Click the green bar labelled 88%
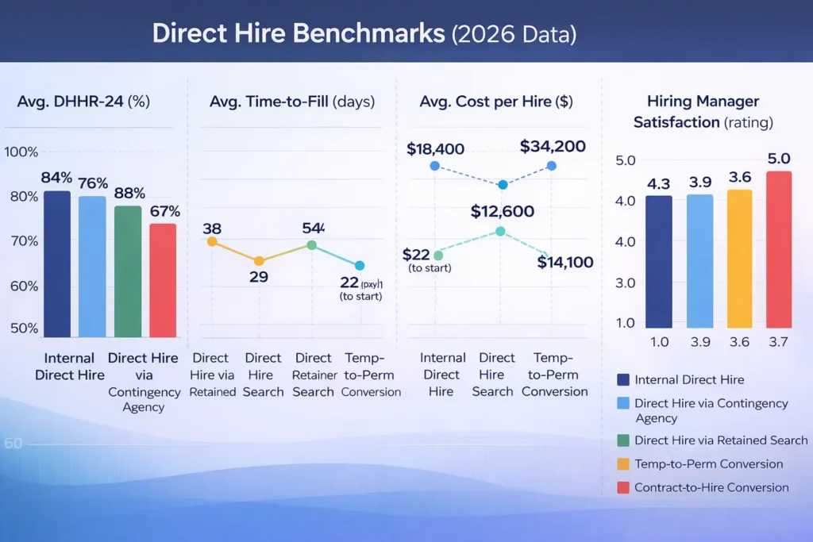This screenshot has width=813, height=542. (x=127, y=271)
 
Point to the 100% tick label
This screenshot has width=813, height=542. (x=21, y=152)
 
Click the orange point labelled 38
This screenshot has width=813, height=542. (x=212, y=241)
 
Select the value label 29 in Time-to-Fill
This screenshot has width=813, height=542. (x=259, y=278)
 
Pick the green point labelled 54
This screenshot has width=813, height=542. (x=312, y=245)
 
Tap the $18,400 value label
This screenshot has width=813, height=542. (x=435, y=148)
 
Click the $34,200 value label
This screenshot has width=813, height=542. (x=553, y=146)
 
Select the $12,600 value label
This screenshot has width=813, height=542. (x=502, y=212)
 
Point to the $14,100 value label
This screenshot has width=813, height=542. (x=564, y=262)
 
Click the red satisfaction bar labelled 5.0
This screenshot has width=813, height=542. (x=779, y=249)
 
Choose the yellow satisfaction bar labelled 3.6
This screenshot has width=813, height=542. (x=738, y=258)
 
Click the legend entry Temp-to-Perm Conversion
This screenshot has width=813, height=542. (x=708, y=463)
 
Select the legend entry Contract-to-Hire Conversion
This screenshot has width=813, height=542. (x=711, y=487)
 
